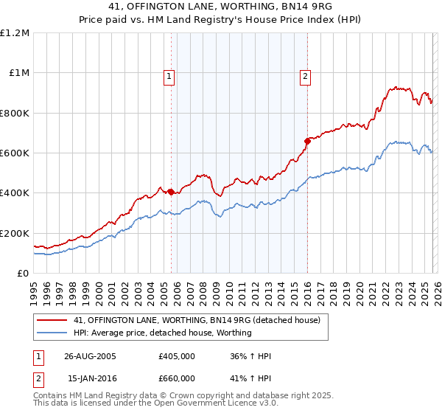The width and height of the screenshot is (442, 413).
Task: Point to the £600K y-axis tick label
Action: pos(15,153)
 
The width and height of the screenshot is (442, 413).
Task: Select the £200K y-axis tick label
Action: pos(15,233)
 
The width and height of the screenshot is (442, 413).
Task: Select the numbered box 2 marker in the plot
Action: pos(305,75)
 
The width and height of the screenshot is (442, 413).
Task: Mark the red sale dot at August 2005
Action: pos(172,192)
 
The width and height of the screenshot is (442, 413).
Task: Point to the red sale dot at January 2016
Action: pos(307,141)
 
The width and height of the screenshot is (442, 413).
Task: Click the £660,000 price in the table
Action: pos(176,378)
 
